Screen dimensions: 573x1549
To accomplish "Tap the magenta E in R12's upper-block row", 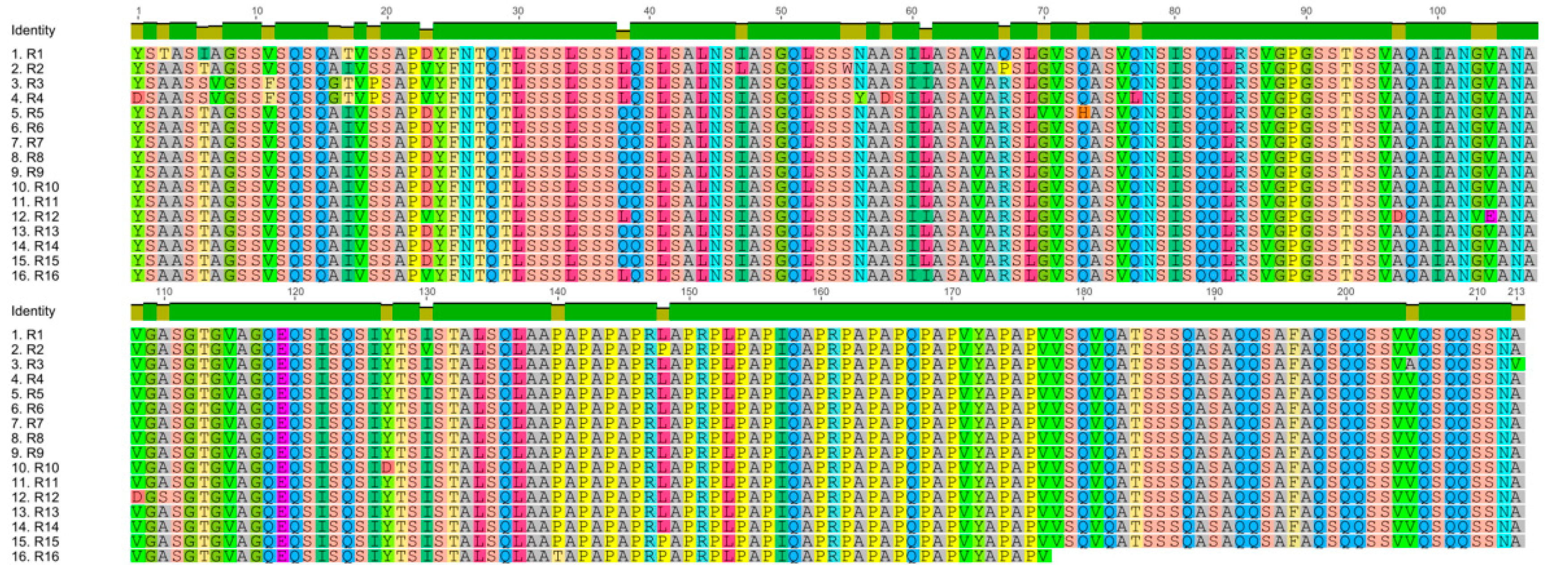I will coord(1490,216).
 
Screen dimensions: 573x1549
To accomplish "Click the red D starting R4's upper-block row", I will coord(138,97).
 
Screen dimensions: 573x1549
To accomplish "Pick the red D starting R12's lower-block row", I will coord(138,497).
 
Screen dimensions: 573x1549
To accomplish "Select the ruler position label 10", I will coord(257,11).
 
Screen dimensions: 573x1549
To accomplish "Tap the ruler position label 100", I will coord(1437,11).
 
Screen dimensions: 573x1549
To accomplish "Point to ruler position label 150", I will coord(689,291).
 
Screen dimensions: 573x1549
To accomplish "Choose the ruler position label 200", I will coord(1345,291).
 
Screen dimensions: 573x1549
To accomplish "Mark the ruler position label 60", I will coord(912,11).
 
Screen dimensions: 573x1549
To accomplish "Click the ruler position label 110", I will coord(164,291).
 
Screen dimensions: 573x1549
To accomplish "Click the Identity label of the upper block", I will coord(33,30).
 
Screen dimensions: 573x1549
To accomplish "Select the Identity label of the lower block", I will coord(33,311).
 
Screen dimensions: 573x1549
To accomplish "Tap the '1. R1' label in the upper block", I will coord(27,54).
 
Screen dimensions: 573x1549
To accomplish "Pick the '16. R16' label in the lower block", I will coord(35,556).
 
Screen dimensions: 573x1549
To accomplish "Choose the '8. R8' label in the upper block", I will coord(27,157).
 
